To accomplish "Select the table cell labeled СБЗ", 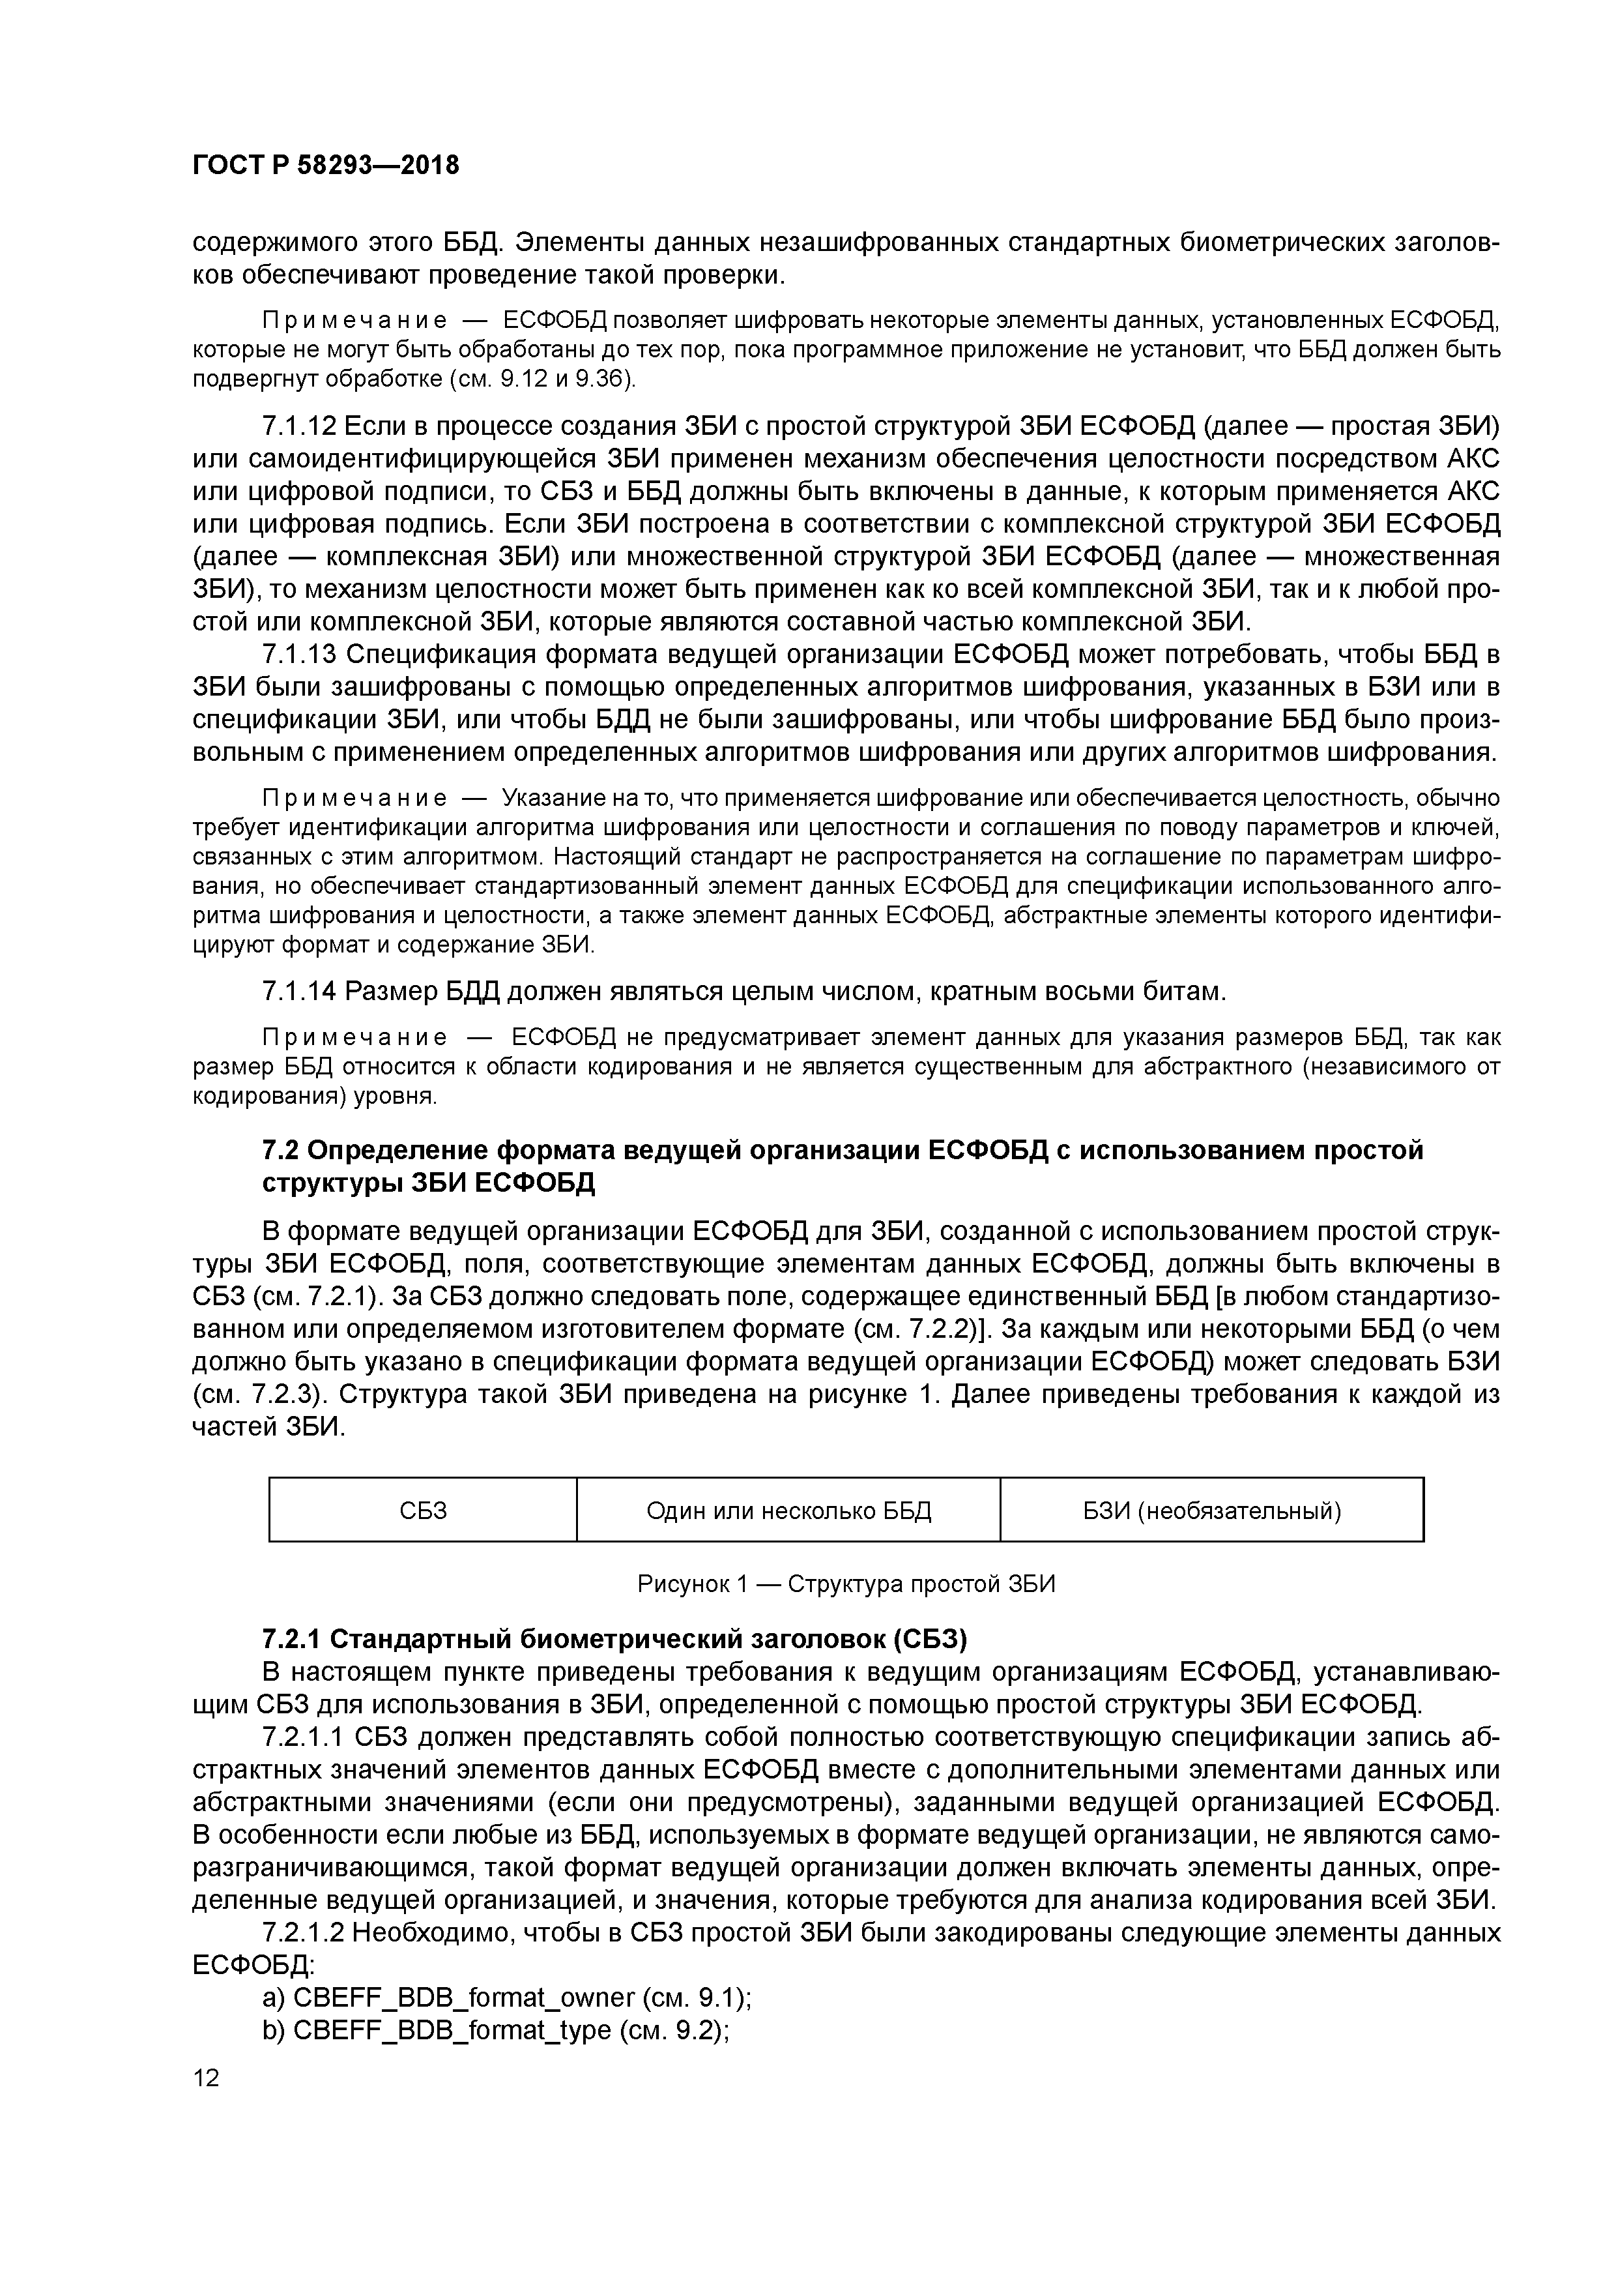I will [422, 1511].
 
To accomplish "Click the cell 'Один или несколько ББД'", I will [788, 1511].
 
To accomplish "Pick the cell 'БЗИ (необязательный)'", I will [1212, 1511].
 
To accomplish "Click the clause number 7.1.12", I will [298, 426].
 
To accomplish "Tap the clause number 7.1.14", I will [298, 991].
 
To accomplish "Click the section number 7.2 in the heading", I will [279, 1151].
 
